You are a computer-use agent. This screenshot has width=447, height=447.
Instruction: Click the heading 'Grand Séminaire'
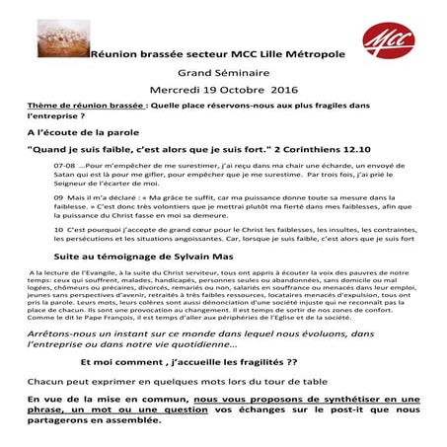pyautogui.click(x=223, y=72)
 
